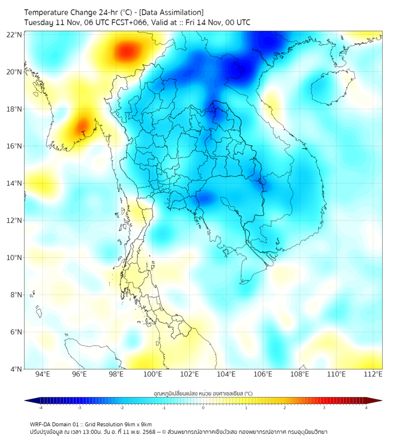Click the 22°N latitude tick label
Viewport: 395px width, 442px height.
pyautogui.click(x=15, y=35)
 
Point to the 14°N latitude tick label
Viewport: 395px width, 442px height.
pyautogui.click(x=15, y=184)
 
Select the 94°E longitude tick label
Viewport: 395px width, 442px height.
pyautogui.click(x=43, y=375)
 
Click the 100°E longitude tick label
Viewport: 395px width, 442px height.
pyautogui.click(x=153, y=375)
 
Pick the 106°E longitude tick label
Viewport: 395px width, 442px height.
pyautogui.click(x=264, y=375)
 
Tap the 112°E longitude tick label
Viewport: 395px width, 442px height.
pyautogui.click(x=374, y=375)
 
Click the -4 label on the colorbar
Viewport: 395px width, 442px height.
pyautogui.click(x=40, y=408)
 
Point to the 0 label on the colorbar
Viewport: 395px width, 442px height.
pyautogui.click(x=203, y=408)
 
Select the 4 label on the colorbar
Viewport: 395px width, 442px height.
pyautogui.click(x=366, y=408)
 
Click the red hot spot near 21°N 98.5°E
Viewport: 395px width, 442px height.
pyautogui.click(x=126, y=52)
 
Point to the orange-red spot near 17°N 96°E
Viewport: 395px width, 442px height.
pyautogui.click(x=81, y=125)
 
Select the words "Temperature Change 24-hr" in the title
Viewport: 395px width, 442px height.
pyautogui.click(x=65, y=12)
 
